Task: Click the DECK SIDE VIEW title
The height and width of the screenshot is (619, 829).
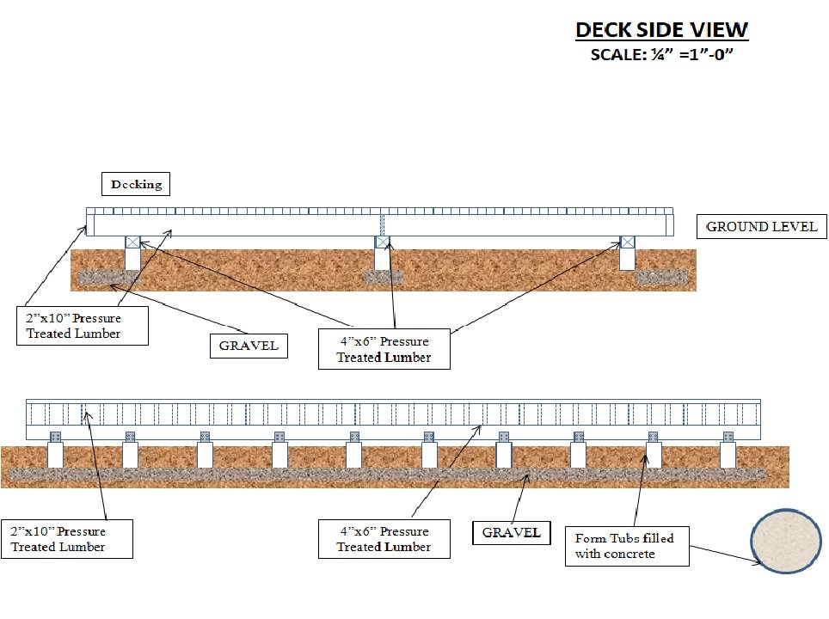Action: pyautogui.click(x=661, y=30)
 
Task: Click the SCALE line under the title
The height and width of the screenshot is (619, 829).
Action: pyautogui.click(x=660, y=57)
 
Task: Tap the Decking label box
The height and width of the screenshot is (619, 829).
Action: pyautogui.click(x=136, y=184)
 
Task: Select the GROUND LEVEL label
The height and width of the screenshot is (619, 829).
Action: pyautogui.click(x=761, y=227)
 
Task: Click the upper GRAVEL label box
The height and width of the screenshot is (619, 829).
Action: pyautogui.click(x=248, y=346)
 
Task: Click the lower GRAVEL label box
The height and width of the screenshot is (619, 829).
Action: pyautogui.click(x=511, y=532)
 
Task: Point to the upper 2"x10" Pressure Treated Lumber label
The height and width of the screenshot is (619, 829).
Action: pyautogui.click(x=82, y=325)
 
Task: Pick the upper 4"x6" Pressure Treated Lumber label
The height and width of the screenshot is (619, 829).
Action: pyautogui.click(x=384, y=349)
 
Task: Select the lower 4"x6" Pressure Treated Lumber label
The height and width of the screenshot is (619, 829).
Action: pyautogui.click(x=384, y=538)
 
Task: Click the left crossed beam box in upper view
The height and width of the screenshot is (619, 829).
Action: pyautogui.click(x=132, y=242)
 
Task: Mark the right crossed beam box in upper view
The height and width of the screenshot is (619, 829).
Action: pyautogui.click(x=628, y=242)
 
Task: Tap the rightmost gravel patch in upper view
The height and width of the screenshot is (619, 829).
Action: pyautogui.click(x=661, y=277)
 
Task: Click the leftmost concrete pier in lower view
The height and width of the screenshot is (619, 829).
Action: pyautogui.click(x=56, y=455)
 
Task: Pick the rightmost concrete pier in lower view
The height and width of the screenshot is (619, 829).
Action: pyautogui.click(x=728, y=455)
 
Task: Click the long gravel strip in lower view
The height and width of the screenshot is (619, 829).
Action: pyautogui.click(x=387, y=475)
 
